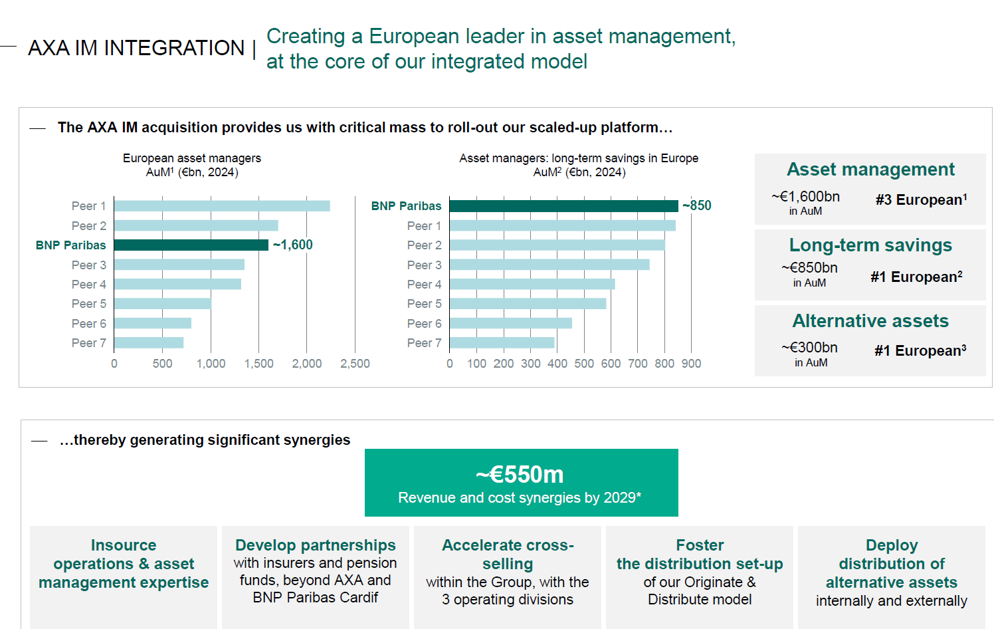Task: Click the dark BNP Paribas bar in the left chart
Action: coord(191,245)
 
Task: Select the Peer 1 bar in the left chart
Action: coord(222,206)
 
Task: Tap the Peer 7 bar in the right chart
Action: coord(502,343)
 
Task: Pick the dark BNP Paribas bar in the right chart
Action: coord(563,206)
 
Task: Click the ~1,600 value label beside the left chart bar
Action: coord(293,245)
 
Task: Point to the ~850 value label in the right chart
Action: coord(697,206)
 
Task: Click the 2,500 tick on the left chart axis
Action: coord(355,364)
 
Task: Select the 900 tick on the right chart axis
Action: coord(691,364)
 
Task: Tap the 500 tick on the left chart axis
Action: coord(162,364)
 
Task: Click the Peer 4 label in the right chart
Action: coord(424,285)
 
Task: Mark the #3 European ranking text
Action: coord(921,200)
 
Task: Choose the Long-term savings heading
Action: coord(870,245)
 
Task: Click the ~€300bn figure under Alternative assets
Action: coord(809,348)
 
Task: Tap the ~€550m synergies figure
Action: coord(520,475)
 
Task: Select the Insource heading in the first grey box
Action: coord(124,545)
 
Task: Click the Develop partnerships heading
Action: coord(316,545)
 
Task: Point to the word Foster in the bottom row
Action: coord(700,545)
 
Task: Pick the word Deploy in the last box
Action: coord(892,545)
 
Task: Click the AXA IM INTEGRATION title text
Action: coord(136,49)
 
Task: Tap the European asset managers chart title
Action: coord(192,158)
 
